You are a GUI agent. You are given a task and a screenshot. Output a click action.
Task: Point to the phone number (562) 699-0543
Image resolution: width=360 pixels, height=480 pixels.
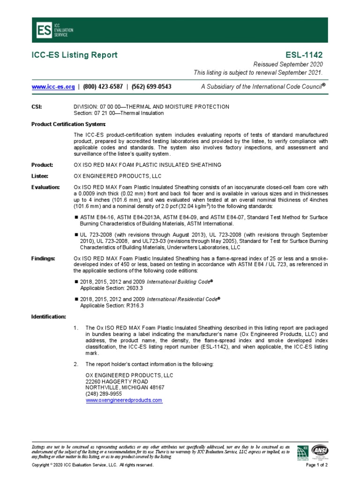click(x=151, y=87)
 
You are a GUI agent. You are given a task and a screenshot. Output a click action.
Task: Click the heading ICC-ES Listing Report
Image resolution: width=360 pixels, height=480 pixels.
click(x=75, y=55)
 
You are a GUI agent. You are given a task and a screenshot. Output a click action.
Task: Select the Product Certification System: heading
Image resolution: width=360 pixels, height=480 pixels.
click(x=68, y=124)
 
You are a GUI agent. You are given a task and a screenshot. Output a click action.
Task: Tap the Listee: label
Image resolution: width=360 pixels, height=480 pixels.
click(x=41, y=176)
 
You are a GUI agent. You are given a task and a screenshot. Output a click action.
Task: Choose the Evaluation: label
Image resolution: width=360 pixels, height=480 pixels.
click(x=45, y=187)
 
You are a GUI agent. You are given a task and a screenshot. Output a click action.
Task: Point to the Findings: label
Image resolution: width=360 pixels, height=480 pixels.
click(x=43, y=258)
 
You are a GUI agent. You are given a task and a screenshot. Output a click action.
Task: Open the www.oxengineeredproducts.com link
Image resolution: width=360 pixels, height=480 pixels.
click(x=124, y=400)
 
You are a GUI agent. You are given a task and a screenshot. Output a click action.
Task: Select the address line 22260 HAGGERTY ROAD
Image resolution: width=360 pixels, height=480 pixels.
click(x=113, y=382)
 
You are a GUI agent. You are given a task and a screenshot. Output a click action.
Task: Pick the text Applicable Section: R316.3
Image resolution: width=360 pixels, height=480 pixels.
click(x=112, y=305)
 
